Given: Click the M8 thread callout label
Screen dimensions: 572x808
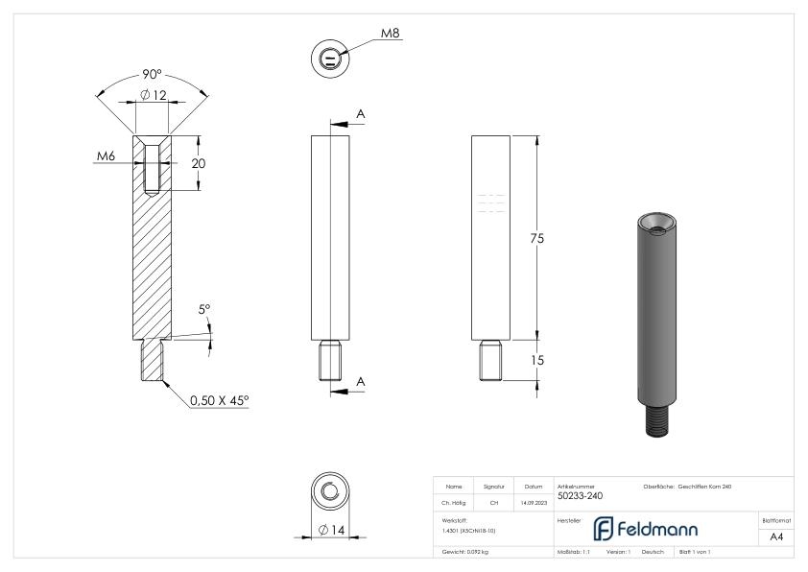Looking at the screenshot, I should [x=390, y=34].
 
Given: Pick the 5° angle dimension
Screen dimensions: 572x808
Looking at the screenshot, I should [x=203, y=310].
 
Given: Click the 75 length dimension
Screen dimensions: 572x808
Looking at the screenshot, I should [x=537, y=239].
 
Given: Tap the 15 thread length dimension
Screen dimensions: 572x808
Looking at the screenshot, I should [x=537, y=360].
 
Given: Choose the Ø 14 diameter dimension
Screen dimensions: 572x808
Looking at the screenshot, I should [x=331, y=529].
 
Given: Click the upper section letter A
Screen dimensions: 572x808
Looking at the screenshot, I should [x=361, y=114].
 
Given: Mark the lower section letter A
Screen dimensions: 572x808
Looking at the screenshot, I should [x=361, y=381].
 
